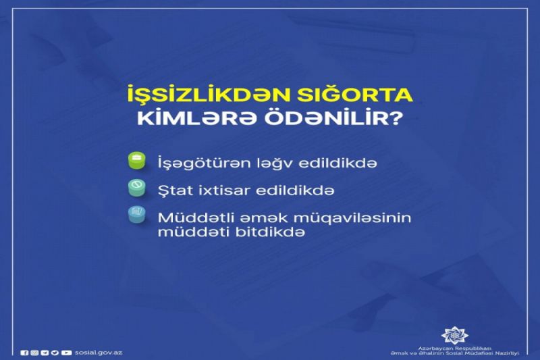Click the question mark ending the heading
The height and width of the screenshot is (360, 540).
pyautogui.click(x=395, y=118)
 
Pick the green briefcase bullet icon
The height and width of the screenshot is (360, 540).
pyautogui.click(x=137, y=161)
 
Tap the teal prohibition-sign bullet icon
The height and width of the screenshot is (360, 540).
pyautogui.click(x=137, y=188)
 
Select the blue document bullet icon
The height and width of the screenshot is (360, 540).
pyautogui.click(x=137, y=215)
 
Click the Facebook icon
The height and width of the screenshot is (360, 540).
pyautogui.click(x=24, y=353)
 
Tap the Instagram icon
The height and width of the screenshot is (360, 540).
pyautogui.click(x=34, y=353)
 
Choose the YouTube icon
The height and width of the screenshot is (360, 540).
pyautogui.click(x=66, y=353)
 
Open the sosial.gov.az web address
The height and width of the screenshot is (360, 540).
pyautogui.click(x=99, y=353)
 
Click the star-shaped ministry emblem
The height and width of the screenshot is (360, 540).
pyautogui.click(x=454, y=334)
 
